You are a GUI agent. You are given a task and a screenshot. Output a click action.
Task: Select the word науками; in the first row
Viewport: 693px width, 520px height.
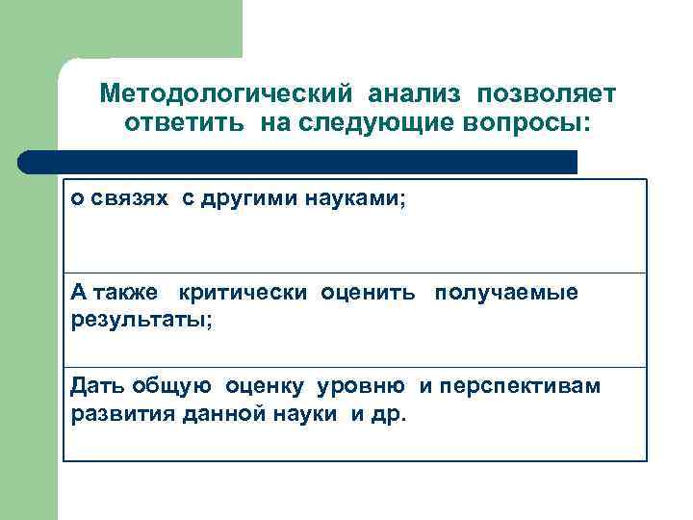[356, 198]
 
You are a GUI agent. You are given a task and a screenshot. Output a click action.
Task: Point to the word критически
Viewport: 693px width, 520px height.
[241, 293]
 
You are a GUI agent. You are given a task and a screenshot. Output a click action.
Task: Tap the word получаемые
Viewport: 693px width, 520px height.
[506, 293]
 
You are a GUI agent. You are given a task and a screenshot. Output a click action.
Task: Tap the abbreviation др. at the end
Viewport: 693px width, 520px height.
[393, 414]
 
